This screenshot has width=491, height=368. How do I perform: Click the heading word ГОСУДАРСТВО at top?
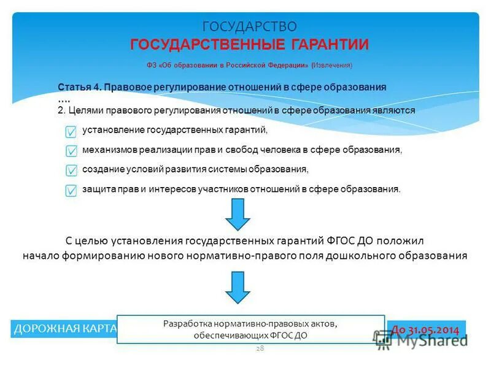click(250, 26)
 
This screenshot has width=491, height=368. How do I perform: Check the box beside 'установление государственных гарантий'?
click(71, 132)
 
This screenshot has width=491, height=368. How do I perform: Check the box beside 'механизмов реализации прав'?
click(71, 151)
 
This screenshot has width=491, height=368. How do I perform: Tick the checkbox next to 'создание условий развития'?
click(71, 171)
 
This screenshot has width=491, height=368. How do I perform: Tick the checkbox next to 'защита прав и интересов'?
click(71, 191)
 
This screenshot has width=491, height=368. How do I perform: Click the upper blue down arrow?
click(238, 214)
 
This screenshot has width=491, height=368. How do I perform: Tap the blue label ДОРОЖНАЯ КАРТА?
click(64, 329)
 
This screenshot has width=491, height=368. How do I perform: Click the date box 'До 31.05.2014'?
click(426, 329)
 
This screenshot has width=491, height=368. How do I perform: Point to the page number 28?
click(260, 348)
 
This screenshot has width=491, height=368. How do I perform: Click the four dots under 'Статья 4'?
click(64, 99)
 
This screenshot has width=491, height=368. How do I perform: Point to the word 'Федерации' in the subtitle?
click(288, 65)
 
